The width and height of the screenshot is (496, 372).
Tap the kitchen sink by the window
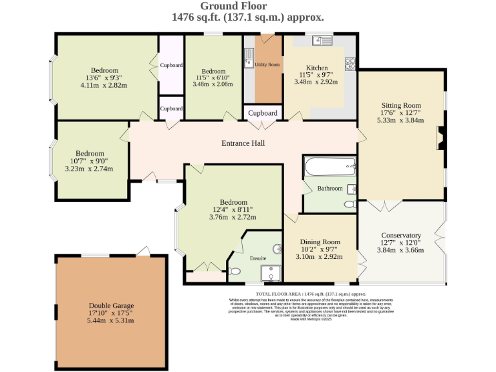point(321,41)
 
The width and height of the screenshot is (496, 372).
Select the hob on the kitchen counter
point(350,64)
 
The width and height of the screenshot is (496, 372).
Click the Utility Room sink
point(249,63)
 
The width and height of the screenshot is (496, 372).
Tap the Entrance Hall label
point(243,143)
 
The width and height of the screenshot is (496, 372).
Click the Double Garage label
point(111,305)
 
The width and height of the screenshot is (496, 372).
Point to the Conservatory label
point(400,235)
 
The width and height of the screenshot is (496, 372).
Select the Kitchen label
point(316,68)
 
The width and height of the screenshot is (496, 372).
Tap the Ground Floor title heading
point(248,6)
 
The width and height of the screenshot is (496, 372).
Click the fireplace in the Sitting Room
point(441,138)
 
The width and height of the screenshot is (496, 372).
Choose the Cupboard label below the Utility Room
point(263,113)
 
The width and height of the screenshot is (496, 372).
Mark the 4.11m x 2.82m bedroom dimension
point(104,85)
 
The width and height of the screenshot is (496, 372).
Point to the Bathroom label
point(329,189)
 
